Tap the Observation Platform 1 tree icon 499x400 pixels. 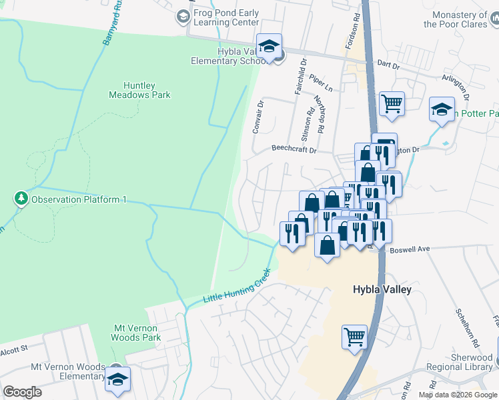click(x=21, y=199)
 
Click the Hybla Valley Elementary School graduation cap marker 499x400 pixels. click(x=269, y=46)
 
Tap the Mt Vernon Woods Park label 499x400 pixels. click(x=136, y=333)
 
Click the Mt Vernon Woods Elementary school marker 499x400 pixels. click(x=117, y=379)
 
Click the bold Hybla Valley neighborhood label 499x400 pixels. click(x=382, y=290)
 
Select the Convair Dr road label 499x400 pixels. click(x=258, y=117)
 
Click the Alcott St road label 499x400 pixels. click(x=13, y=348)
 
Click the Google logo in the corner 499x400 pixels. click(x=22, y=392)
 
